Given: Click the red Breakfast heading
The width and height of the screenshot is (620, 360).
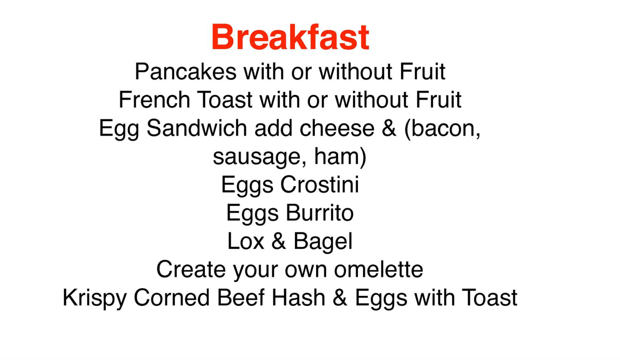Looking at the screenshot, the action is click(x=290, y=37).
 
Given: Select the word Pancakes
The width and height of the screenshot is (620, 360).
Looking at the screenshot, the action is click(x=186, y=71).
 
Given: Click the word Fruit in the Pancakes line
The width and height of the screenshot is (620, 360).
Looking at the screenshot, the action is click(x=422, y=71).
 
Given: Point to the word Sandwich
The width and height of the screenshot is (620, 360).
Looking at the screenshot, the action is click(x=197, y=128).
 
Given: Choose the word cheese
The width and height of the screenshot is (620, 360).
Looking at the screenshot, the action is click(x=337, y=128).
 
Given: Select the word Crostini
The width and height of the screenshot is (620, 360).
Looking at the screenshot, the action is click(x=319, y=185).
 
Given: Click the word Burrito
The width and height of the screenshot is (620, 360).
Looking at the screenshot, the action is click(x=320, y=213).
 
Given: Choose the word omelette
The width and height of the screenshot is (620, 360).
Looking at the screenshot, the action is click(x=378, y=269).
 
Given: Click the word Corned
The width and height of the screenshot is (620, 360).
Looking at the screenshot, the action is click(x=172, y=298).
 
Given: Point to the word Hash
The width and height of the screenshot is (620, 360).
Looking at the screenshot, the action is click(x=298, y=298).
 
